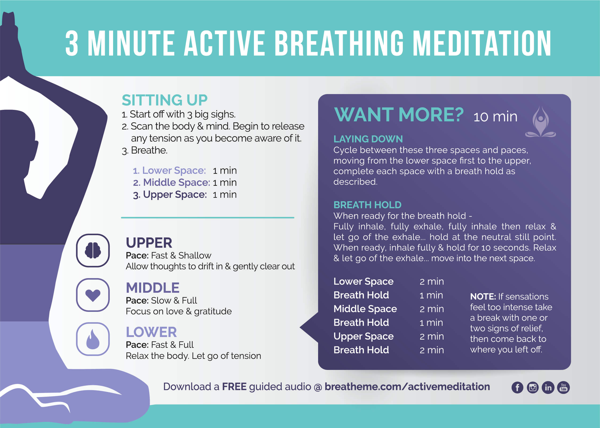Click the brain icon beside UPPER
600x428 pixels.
coord(93,250)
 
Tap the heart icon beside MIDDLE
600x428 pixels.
coord(93,295)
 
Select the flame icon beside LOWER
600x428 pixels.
coord(93,339)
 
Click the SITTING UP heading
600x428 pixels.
coord(165,100)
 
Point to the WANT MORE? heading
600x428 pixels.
coord(399,115)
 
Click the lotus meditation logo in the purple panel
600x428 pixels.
coord(541,122)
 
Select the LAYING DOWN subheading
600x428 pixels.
coord(368,139)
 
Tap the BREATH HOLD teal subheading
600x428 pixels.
coord(367,205)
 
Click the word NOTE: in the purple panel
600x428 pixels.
coord(483,297)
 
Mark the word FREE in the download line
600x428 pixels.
coord(234,387)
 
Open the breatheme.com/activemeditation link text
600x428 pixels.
coord(407,387)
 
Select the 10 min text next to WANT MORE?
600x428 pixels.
coord(495,117)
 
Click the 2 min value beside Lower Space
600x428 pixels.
coord(432,281)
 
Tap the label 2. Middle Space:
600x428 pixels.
coord(172,182)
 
